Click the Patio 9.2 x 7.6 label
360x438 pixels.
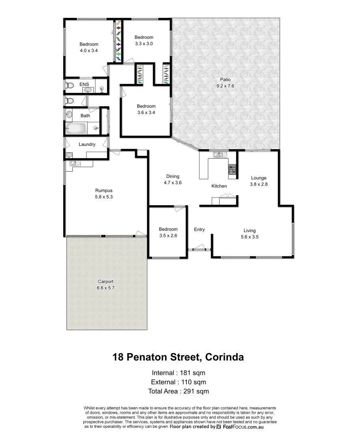(x=225, y=83)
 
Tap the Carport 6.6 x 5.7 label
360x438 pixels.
(x=106, y=285)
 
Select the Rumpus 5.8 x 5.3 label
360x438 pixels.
(x=103, y=193)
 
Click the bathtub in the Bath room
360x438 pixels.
(x=76, y=129)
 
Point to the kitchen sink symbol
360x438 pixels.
(x=219, y=154)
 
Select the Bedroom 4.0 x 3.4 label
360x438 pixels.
(x=88, y=47)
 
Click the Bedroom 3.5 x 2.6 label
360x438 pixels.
(x=168, y=232)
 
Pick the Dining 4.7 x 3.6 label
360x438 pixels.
(x=172, y=180)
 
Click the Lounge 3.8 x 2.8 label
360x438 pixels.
(x=259, y=181)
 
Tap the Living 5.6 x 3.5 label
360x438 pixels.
(x=250, y=234)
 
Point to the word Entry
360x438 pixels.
(x=199, y=230)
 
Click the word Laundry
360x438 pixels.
(x=87, y=144)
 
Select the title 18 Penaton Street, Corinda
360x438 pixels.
(x=178, y=357)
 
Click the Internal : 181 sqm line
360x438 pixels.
(x=179, y=372)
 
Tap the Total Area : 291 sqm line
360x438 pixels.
(x=179, y=391)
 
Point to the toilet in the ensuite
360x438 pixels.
(x=69, y=86)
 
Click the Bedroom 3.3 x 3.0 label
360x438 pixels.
(x=144, y=40)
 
